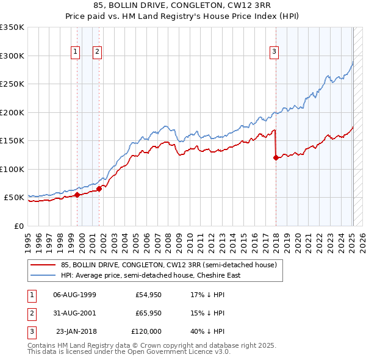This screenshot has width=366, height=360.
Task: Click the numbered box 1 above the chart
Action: (x=75, y=52)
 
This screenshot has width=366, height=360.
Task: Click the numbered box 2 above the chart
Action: (x=97, y=52)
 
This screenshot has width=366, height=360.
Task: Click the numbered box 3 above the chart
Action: (x=274, y=52)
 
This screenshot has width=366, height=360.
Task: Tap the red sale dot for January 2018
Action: (x=276, y=158)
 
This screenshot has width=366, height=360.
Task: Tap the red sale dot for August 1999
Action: (x=77, y=195)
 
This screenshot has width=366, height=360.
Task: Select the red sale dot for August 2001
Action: (x=99, y=189)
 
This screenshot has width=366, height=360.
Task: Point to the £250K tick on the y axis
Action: (x=12, y=84)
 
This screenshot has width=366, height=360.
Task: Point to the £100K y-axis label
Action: (x=12, y=169)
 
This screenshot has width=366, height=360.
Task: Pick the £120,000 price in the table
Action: (x=146, y=331)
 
